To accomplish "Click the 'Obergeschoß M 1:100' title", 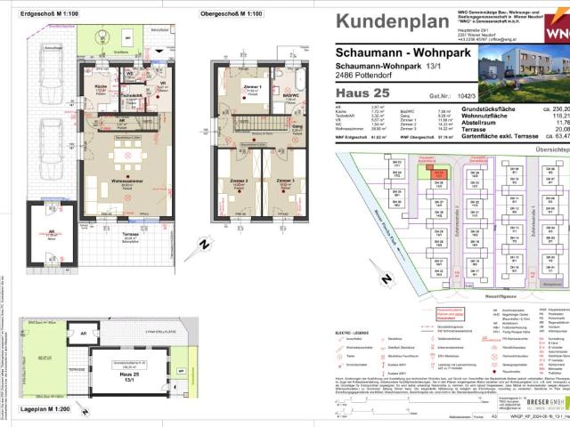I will click(232, 14).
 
